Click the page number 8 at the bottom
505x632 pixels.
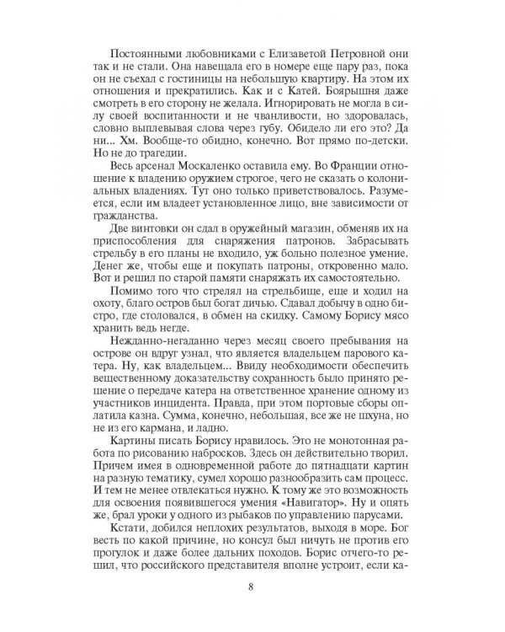click(252, 588)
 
